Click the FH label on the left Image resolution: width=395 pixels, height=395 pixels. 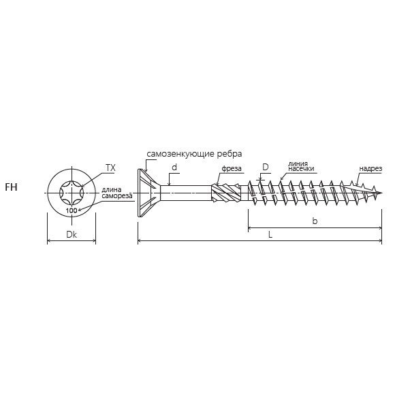coord(11,187)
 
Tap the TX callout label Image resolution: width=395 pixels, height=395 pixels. coord(110,168)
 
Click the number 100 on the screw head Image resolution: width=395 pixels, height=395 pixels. coord(72,210)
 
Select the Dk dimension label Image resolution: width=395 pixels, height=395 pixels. coord(72,234)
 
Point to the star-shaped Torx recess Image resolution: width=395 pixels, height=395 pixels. coord(72,193)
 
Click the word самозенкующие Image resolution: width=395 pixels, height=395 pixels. coord(181,154)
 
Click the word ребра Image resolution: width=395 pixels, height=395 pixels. coord(230,154)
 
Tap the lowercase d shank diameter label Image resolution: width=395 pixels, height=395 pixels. coord(174,167)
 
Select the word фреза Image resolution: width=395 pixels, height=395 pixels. coord(232,168)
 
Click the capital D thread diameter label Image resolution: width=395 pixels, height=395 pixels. coord(266,167)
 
